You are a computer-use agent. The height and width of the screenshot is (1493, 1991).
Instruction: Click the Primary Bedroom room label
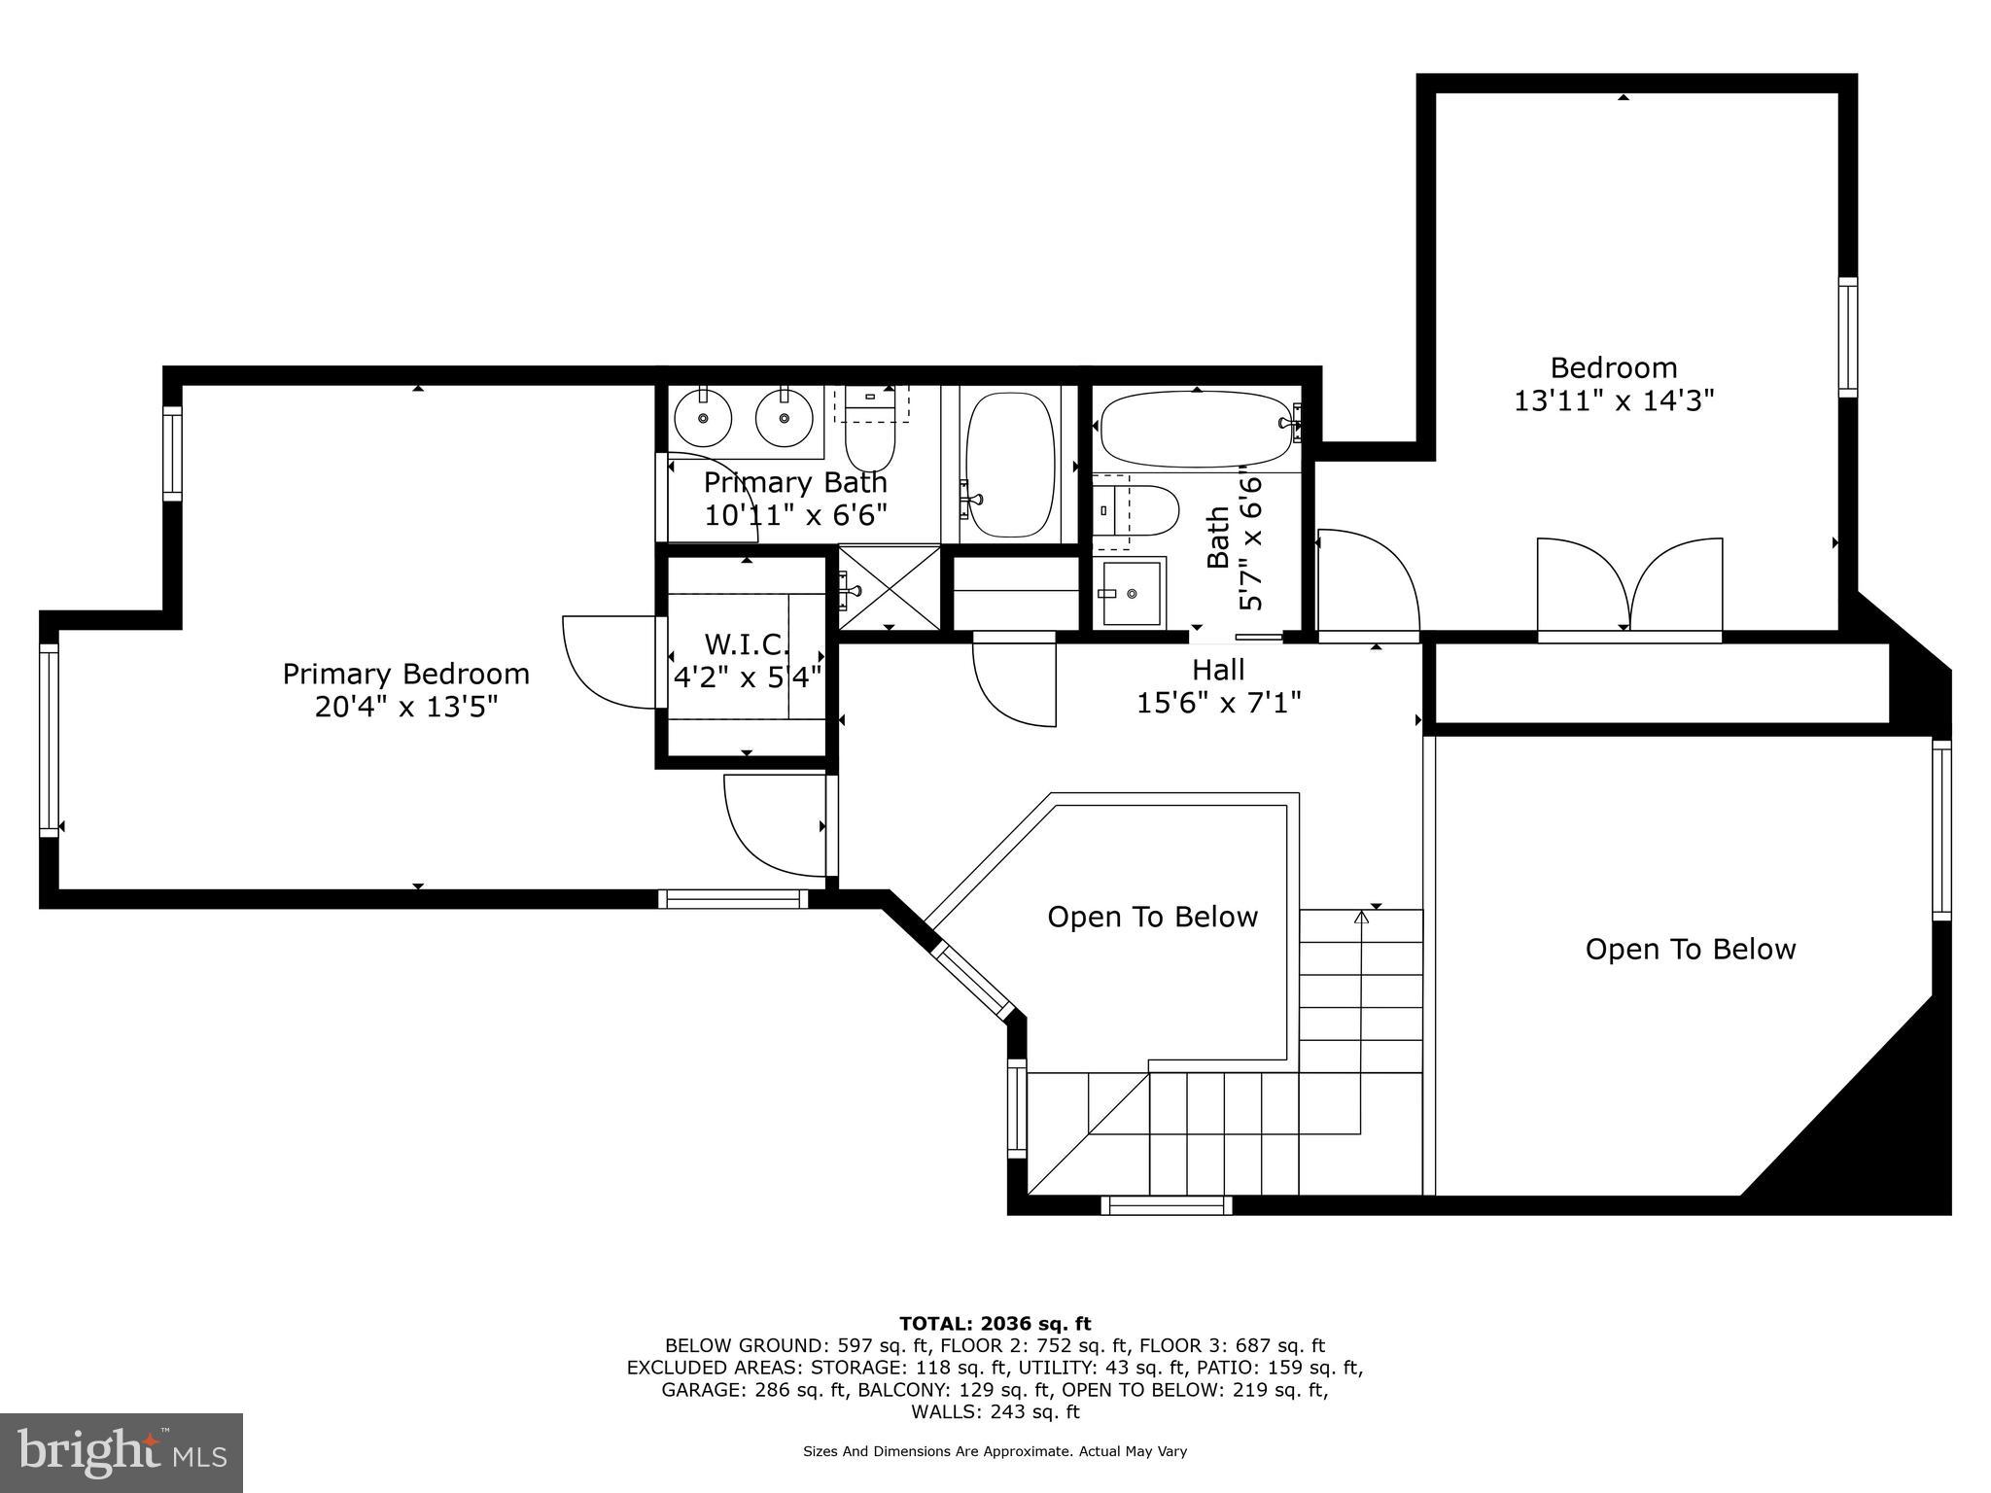pyautogui.click(x=406, y=674)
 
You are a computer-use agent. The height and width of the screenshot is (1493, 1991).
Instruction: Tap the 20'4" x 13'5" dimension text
pyautogui.click(x=406, y=707)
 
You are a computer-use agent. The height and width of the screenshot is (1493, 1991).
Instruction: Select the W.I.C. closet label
pyautogui.click(x=747, y=643)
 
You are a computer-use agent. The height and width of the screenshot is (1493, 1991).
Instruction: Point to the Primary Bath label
pyautogui.click(x=795, y=482)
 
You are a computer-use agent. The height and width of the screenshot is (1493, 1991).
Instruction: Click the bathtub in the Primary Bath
pyautogui.click(x=1010, y=465)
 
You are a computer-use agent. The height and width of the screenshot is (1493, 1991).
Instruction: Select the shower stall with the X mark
pyautogui.click(x=889, y=587)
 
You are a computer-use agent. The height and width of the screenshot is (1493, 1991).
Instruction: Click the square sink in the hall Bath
pyautogui.click(x=1130, y=593)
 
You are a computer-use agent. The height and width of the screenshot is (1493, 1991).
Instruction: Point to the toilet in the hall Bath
pyautogui.click(x=1136, y=509)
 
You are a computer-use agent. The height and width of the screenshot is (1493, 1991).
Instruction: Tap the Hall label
pyautogui.click(x=1218, y=670)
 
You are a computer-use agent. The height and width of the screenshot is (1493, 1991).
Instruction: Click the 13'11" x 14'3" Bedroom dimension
pyautogui.click(x=1614, y=400)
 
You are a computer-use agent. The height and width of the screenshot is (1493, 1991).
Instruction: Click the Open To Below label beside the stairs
pyautogui.click(x=1153, y=917)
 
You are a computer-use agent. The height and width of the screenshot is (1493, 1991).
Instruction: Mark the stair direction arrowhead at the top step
pyautogui.click(x=1361, y=916)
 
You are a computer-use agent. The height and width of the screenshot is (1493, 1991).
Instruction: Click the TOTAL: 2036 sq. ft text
pyautogui.click(x=995, y=1324)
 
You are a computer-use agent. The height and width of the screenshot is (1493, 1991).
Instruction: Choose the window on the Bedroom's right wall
pyautogui.click(x=1847, y=337)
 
